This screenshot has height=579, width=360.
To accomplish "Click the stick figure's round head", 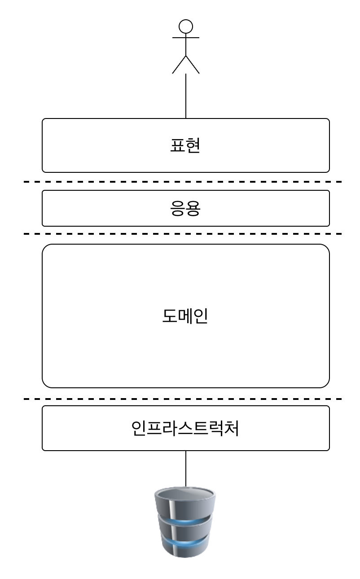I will (x=185, y=26).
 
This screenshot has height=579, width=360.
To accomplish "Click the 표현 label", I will (x=185, y=145).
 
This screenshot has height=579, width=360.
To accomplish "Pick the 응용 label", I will (x=185, y=208).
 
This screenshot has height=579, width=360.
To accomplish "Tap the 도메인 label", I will (x=185, y=316).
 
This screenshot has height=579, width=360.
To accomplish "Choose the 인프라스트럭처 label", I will (x=185, y=428).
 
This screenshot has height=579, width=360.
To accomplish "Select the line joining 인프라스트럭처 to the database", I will (x=185, y=469).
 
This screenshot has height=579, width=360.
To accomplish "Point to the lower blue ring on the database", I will (x=185, y=543).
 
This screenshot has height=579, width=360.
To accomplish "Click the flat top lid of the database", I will (x=185, y=494).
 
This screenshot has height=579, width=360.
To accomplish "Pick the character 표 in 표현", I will (x=178, y=145).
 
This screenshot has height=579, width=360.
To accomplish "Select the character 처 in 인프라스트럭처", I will (x=230, y=428).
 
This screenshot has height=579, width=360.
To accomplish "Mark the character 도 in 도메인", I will (x=170, y=316).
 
